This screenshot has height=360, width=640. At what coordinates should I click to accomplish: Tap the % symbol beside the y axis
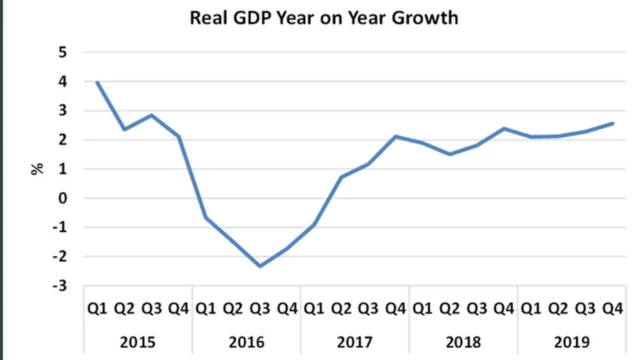38,168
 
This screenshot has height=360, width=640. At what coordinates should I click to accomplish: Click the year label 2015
137,340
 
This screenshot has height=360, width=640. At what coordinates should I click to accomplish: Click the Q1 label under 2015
97,309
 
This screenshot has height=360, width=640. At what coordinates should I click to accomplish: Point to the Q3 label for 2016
259,309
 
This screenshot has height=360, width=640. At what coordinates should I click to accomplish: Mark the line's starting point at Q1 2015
97,82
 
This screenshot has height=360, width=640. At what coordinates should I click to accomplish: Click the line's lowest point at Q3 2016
259,266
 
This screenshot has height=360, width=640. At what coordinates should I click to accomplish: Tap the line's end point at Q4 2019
610,124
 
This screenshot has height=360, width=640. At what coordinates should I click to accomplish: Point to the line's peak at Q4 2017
394,136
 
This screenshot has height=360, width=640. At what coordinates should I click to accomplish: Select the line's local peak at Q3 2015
151,115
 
